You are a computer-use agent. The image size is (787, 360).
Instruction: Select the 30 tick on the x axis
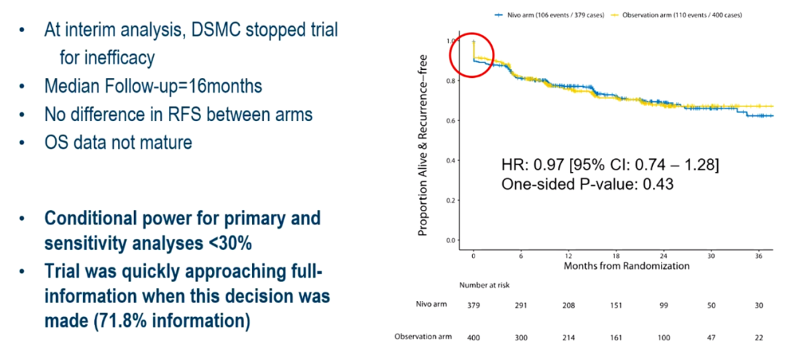(711, 257)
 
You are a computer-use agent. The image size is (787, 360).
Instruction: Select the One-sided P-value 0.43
(655, 185)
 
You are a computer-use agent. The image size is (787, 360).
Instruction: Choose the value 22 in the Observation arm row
(758, 337)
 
